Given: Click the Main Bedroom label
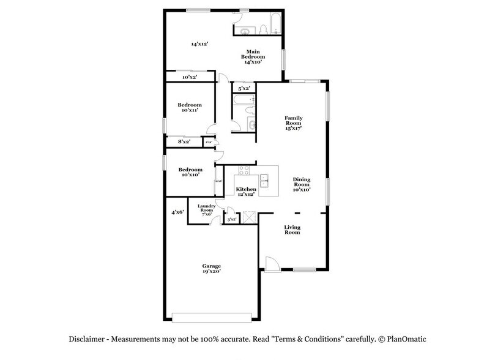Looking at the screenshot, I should coord(256,56).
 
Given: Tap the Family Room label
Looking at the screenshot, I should coord(294,123).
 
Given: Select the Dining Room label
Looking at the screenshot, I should coord(302,184).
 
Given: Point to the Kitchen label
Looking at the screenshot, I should coord(247,191).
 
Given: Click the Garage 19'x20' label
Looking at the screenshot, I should coord(212,269).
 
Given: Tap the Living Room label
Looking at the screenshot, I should coord(292,230).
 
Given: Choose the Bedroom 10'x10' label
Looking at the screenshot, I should coord(190,172).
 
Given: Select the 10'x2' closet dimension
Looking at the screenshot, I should coord(189,77).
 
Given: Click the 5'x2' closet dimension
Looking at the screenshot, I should coord(244,88).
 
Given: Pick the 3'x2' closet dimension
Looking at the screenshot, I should coord(232,219).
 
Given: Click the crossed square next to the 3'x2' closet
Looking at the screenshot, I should coord(248,217).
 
